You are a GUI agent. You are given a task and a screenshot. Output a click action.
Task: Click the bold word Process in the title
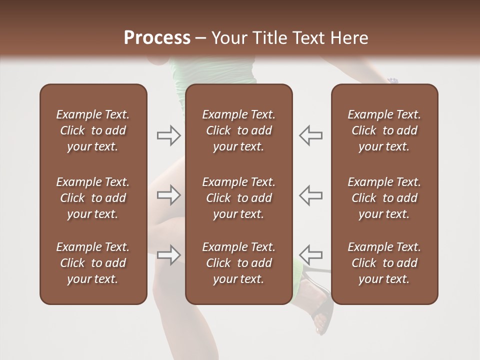[x=157, y=37]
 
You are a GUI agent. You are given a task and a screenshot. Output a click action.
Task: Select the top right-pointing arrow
[x=168, y=135]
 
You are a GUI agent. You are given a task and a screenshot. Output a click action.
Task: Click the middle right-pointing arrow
[x=168, y=195]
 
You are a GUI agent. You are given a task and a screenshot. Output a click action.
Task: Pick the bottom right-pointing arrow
[x=168, y=255]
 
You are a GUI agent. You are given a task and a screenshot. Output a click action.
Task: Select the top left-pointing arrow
[x=311, y=135]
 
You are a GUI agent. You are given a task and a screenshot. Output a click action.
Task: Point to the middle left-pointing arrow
[x=311, y=195]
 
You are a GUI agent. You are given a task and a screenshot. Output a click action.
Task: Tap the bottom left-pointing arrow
[x=311, y=255]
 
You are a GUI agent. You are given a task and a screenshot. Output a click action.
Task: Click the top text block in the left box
[x=93, y=130]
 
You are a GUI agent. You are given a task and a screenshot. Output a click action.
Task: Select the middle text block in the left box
[x=93, y=198]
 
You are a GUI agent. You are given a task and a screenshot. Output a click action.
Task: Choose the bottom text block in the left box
[x=93, y=263]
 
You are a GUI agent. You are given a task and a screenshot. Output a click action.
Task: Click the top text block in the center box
[x=238, y=130]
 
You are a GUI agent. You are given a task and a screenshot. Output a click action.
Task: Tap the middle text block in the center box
[x=238, y=198]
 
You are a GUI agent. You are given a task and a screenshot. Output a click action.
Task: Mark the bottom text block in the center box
[x=238, y=263]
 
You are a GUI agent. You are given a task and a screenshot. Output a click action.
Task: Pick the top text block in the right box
[x=384, y=130]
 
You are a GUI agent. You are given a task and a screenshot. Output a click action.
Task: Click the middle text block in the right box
[x=384, y=198]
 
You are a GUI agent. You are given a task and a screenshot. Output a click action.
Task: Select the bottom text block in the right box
[x=384, y=263]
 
